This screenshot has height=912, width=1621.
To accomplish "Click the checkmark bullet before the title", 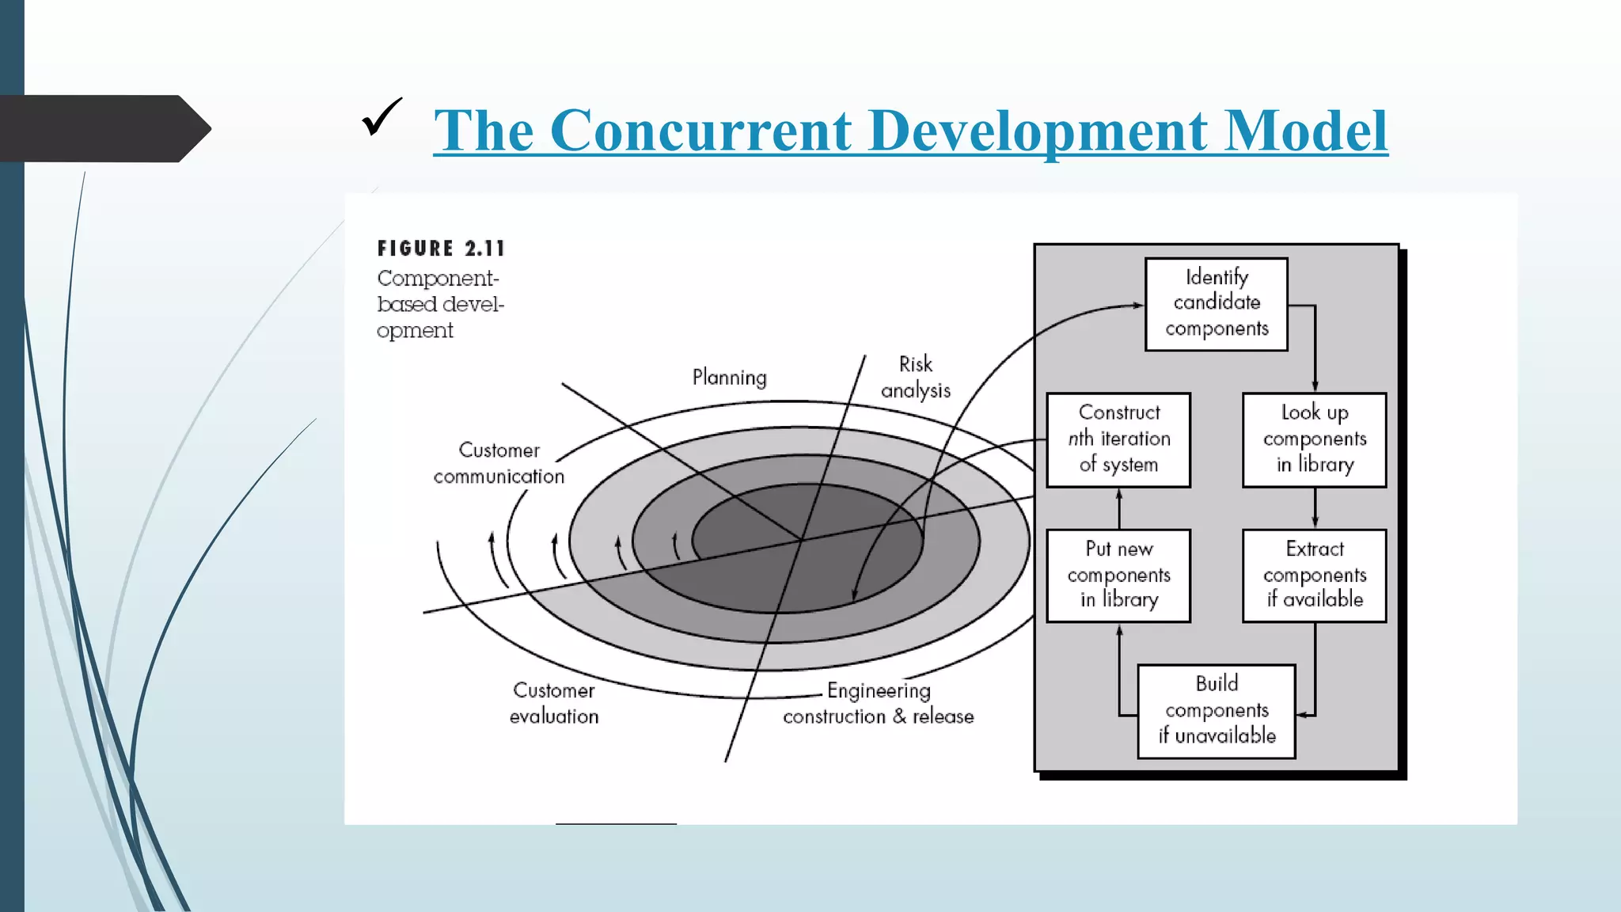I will pos(382,117).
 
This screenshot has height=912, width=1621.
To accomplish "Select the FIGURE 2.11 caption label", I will pos(441,249).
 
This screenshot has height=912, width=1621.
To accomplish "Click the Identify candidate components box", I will pos(1216,304).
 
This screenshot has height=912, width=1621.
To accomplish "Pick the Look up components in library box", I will pos(1314,439).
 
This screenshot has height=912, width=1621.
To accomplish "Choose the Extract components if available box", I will pos(1314,576).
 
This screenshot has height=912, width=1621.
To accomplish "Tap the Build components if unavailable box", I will pos(1216,711).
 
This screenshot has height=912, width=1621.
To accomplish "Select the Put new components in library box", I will pos(1118,576).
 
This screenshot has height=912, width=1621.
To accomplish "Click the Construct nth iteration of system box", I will pos(1118,439).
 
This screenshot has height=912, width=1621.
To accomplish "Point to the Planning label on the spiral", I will pos(729,378).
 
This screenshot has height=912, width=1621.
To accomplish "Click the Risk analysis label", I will pos(915,377).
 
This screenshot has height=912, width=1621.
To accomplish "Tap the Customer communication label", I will pos(499,463).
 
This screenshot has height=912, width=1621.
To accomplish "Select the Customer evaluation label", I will pos(553,703).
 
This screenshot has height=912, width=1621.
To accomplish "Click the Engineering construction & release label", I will pos(878,703).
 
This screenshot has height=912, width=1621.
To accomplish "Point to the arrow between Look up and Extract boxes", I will pos(1315,508).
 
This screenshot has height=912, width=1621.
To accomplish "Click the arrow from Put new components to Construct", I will pos(1118,508).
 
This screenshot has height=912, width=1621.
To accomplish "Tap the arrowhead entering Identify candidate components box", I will pos(1138,305).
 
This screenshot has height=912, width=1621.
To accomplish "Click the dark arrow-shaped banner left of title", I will pos(103,128).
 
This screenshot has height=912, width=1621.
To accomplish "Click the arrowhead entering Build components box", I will pos(1302,715).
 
